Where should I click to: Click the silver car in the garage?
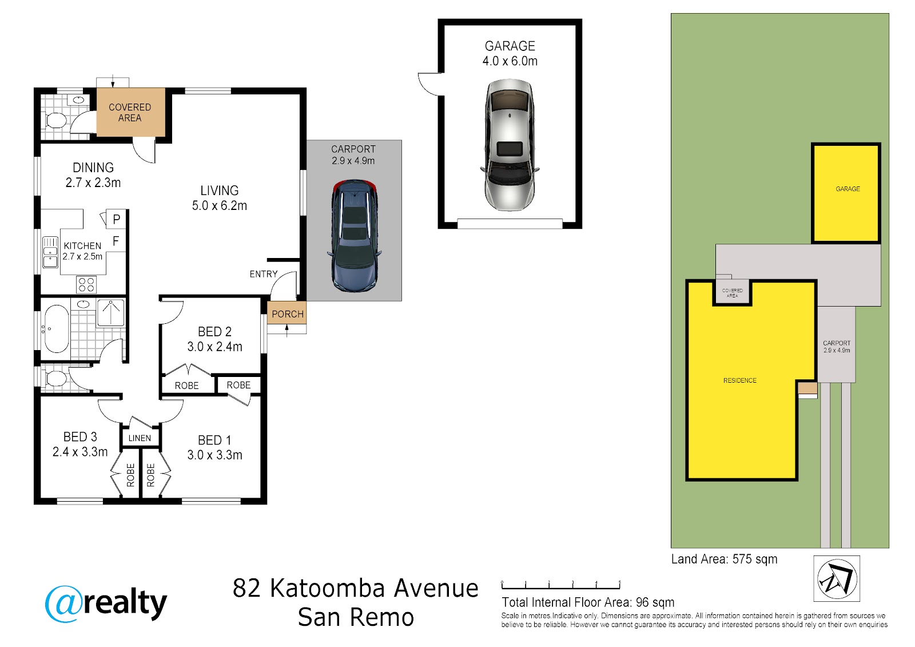tap(510, 145)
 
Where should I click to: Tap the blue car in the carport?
tap(354, 236)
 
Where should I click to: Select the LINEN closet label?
tap(140, 438)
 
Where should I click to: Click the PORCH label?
tap(288, 314)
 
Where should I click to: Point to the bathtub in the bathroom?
tap(56, 328)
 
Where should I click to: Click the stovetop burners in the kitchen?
tap(86, 284)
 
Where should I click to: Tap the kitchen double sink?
tap(50, 253)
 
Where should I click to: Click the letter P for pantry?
tap(117, 220)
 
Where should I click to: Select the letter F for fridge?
tap(116, 241)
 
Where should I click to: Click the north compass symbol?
tap(837, 578)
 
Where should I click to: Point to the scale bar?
tap(561, 585)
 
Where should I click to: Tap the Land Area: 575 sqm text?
tap(724, 559)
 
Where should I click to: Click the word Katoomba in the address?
tap(327, 588)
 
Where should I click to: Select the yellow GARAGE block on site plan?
tap(846, 193)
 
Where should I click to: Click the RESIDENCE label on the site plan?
tap(740, 380)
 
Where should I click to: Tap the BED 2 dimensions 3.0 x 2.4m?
tap(215, 347)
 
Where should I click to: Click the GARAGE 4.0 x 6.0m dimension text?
tap(510, 61)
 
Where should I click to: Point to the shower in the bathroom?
tap(110, 313)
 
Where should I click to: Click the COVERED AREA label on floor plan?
tap(130, 112)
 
